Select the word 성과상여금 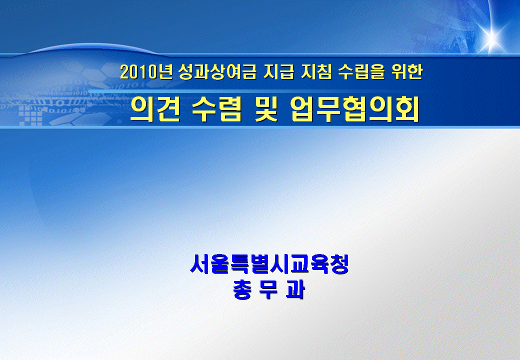click(x=217, y=71)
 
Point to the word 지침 click(x=316, y=71)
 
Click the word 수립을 click(x=361, y=71)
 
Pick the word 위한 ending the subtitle click(x=407, y=71)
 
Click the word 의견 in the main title click(x=155, y=109)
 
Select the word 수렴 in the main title click(x=217, y=109)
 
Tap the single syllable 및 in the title click(x=266, y=109)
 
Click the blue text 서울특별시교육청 click(x=269, y=264)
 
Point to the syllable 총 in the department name click(x=242, y=289)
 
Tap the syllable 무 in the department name click(x=268, y=289)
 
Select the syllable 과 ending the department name click(x=295, y=289)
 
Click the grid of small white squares click(x=30, y=116)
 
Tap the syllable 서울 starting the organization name click(x=209, y=264)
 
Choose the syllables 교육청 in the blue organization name click(x=319, y=264)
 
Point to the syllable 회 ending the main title click(x=407, y=109)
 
